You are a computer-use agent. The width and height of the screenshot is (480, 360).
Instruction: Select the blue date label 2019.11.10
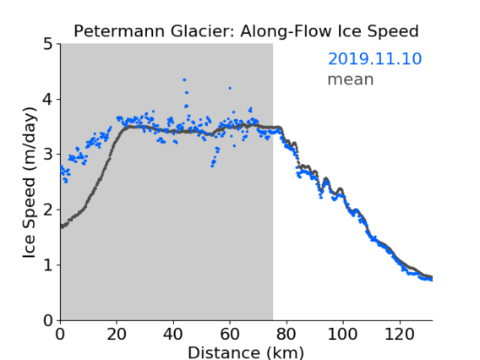point(374,59)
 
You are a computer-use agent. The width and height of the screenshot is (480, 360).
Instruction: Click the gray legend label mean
point(351,79)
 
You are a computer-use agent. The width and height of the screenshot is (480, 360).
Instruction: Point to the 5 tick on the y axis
point(48,45)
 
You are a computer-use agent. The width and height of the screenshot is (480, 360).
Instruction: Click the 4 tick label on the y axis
point(48,100)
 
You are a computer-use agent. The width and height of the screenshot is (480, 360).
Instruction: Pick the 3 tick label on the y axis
point(48,155)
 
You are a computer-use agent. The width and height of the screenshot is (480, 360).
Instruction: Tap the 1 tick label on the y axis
point(48,265)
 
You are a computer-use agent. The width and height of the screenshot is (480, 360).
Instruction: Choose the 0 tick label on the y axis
point(48,320)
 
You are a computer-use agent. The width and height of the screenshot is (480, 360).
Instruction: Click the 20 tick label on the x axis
point(117,334)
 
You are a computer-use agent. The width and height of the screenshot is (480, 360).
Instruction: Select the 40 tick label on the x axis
point(173,334)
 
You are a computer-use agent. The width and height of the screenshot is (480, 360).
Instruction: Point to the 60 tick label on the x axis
point(230,334)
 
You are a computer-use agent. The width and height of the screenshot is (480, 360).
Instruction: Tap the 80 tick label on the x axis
point(286,334)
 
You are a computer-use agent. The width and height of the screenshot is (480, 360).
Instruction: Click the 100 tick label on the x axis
point(342,334)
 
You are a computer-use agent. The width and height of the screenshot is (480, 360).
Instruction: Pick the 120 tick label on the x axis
point(399,334)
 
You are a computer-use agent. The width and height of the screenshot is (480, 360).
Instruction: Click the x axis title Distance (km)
point(246,352)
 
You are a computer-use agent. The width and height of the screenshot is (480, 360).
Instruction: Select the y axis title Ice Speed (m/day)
point(30,183)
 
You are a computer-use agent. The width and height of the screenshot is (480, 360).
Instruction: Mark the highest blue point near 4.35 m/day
point(184,80)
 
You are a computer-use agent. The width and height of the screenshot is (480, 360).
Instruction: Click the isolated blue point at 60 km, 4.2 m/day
point(230,88)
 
